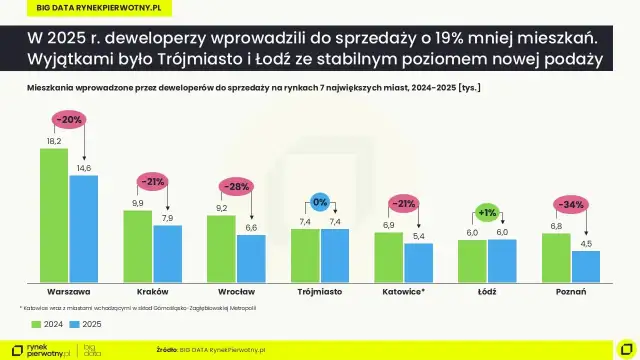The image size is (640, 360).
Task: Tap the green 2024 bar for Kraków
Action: pyautogui.click(x=137, y=246)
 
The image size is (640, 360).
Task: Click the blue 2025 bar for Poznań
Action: pyautogui.click(x=585, y=266)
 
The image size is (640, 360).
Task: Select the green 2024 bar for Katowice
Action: pyautogui.click(x=389, y=256)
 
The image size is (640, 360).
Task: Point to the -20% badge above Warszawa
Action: pyautogui.click(x=69, y=119)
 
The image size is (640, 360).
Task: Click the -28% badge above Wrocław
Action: pyautogui.click(x=236, y=187)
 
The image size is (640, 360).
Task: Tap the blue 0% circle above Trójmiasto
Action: pyautogui.click(x=320, y=201)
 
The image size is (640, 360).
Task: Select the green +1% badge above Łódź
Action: pyautogui.click(x=487, y=212)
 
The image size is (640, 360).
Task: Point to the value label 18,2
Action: pyautogui.click(x=54, y=141)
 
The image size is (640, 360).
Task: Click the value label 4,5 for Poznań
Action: pyautogui.click(x=585, y=243)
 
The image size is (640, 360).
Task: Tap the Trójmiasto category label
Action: pyautogui.click(x=320, y=292)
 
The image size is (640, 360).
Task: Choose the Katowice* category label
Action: pyautogui.click(x=403, y=292)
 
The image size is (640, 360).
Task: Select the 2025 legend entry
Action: pyautogui.click(x=88, y=324)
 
